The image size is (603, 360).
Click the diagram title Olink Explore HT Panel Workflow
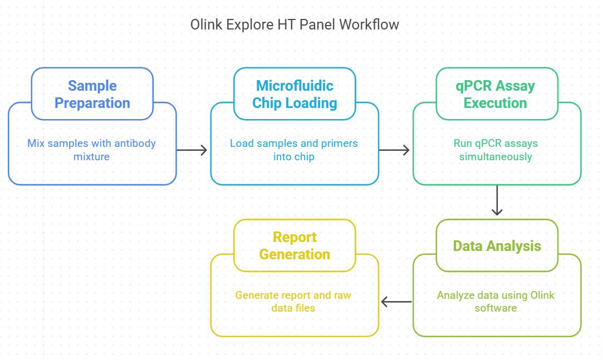[295, 24]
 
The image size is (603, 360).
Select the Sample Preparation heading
[92, 94]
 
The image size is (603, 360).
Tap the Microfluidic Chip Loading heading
[295, 94]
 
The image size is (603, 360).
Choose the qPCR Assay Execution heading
[496, 94]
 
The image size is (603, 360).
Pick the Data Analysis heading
[497, 246]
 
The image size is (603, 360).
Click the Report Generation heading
[295, 245]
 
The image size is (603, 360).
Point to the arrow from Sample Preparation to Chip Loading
[192, 150]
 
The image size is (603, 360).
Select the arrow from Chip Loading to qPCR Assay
[394, 150]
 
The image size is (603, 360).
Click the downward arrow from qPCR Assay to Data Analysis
[497, 200]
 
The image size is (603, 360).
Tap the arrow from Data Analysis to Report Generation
[396, 302]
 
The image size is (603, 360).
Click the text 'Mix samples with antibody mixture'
[91, 150]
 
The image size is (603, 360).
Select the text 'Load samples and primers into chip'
[294, 150]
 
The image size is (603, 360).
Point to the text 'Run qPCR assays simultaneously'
[496, 150]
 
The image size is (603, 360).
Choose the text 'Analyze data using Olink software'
[496, 302]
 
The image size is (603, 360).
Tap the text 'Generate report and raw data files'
[293, 302]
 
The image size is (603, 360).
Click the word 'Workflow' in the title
[369, 24]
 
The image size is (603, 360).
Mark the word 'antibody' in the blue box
[135, 144]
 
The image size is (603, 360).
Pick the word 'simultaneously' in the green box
[496, 157]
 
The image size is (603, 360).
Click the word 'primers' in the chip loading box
[340, 144]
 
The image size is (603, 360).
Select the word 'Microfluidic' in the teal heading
[295, 86]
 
